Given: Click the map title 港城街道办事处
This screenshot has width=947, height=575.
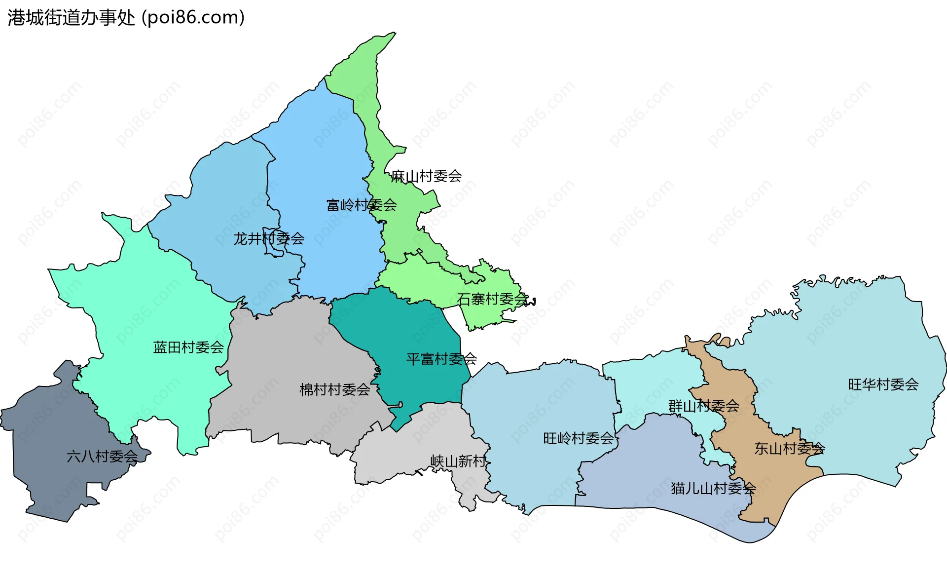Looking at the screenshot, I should pyautogui.click(x=72, y=18).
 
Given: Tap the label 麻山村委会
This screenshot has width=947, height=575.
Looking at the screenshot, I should pyautogui.click(x=426, y=176).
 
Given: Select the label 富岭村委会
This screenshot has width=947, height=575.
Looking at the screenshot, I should pyautogui.click(x=362, y=205).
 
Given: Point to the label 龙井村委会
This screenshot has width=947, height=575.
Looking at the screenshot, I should pyautogui.click(x=269, y=239).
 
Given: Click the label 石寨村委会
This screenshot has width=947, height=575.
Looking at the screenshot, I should pyautogui.click(x=492, y=299).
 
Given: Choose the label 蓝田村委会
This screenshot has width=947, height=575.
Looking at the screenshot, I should pyautogui.click(x=188, y=347).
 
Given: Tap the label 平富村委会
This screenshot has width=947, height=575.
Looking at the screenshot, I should pyautogui.click(x=441, y=359).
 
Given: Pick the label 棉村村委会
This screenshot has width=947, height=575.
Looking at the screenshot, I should pyautogui.click(x=335, y=390).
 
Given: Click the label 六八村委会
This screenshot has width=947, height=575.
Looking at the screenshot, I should pyautogui.click(x=102, y=457).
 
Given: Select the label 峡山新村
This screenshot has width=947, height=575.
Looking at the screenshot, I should pyautogui.click(x=458, y=461).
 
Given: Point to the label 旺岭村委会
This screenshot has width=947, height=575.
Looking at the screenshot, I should pyautogui.click(x=578, y=438).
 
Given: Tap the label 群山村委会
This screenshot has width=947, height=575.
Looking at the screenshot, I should pyautogui.click(x=703, y=406).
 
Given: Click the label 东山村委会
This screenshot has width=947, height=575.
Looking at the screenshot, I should pyautogui.click(x=789, y=449).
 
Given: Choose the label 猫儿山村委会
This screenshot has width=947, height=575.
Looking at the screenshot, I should pyautogui.click(x=713, y=489).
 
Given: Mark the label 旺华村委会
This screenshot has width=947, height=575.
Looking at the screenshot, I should pyautogui.click(x=883, y=384).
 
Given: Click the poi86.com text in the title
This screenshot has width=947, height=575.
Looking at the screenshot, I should pyautogui.click(x=193, y=18).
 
